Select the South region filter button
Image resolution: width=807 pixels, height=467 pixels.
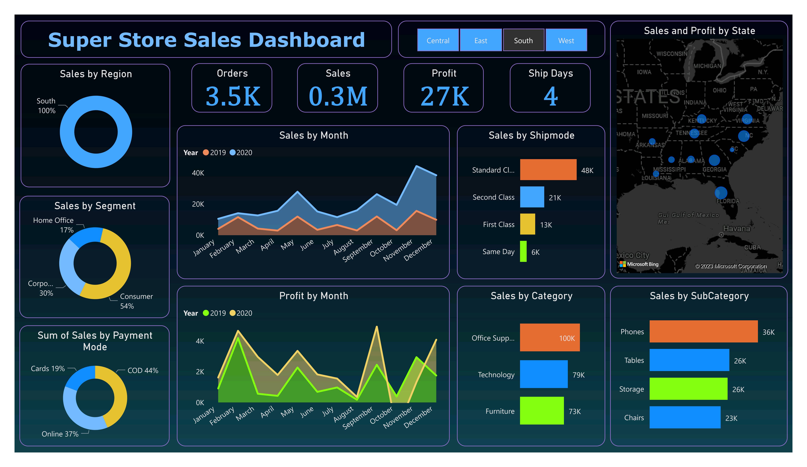coord(523,40)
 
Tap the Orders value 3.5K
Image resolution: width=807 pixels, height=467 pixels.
coord(233,96)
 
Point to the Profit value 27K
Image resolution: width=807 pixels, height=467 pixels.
coord(444,96)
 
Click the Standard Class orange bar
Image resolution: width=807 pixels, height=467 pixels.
coord(548,170)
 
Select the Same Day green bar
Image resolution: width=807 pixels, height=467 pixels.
coord(523,251)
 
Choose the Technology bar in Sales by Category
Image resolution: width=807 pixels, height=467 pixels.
coord(543,374)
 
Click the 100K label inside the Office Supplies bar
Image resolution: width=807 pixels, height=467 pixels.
coord(567,338)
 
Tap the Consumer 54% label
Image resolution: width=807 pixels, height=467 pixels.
coord(136,301)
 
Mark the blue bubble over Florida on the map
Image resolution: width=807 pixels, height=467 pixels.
coord(721,193)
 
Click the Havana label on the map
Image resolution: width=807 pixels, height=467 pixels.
coord(736,229)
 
